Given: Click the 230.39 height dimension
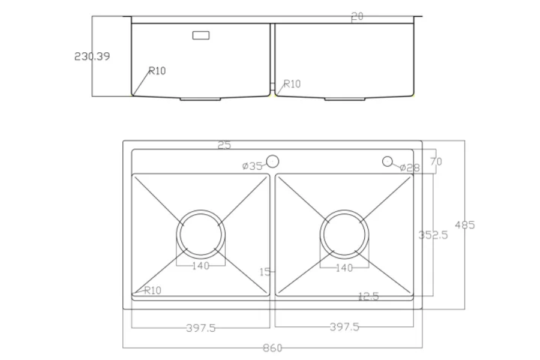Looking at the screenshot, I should [92, 56].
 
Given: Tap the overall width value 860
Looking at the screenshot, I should [272, 348].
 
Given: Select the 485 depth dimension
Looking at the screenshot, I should [465, 225].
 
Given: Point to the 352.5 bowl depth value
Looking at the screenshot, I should [433, 235].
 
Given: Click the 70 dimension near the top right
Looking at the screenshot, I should [436, 161].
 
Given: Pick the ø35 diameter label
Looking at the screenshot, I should [253, 166].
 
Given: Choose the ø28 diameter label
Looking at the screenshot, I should [410, 167].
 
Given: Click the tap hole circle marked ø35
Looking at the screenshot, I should [272, 161].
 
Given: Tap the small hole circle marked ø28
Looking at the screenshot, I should [388, 161].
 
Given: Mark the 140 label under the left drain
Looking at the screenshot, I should [200, 266].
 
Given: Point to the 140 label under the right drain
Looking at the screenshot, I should [344, 268].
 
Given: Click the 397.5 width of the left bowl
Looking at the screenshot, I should [200, 328].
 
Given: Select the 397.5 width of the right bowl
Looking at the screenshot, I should [344, 327].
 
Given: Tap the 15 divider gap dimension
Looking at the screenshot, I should [265, 272].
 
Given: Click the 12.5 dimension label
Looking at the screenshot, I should [368, 296].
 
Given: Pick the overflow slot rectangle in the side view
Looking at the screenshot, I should [201, 35].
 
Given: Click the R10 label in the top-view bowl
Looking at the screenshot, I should [152, 290].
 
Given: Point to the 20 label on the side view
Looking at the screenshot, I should [357, 17].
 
